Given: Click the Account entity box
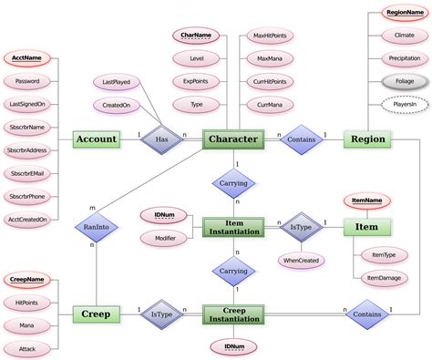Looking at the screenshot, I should coord(97,139).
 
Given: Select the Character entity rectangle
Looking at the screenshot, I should coord(233,139).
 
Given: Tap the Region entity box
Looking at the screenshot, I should coord(367,139).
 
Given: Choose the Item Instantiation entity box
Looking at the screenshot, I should coord(233,227).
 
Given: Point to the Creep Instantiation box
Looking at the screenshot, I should coord(233,314).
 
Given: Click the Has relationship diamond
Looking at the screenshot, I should coord(160,139).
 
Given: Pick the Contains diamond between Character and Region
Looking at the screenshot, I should coord(302,139).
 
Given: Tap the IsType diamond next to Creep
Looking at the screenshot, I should coord(160,314).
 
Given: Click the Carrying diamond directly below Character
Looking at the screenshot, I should coord(233,183).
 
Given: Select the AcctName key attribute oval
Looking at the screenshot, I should coord(28,57).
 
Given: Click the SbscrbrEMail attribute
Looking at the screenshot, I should coord(28,173).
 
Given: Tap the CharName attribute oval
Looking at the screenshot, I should coord(197,36).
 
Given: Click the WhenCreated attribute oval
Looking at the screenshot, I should coord(302,260).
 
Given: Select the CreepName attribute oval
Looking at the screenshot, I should coord(28,278).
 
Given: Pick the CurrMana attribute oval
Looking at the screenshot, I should coord(270,106).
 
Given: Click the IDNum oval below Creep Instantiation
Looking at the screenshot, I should coord(233,346).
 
